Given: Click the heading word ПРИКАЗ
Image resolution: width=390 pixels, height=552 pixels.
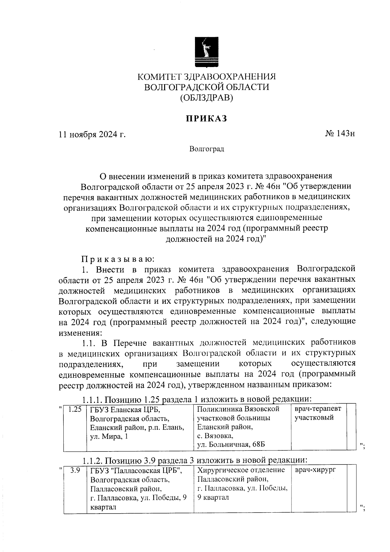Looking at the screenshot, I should pyautogui.click(x=206, y=119).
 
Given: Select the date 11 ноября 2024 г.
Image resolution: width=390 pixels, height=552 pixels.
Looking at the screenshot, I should pyautogui.click(x=92, y=134).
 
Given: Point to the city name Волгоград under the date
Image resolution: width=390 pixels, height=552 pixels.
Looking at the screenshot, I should pyautogui.click(x=207, y=149).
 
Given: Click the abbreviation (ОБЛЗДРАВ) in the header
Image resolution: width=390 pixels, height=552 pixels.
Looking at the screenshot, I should pyautogui.click(x=207, y=97).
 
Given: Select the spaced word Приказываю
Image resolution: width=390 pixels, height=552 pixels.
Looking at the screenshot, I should pyautogui.click(x=118, y=259).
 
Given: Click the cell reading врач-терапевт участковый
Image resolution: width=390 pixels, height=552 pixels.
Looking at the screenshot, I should pyautogui.click(x=318, y=413).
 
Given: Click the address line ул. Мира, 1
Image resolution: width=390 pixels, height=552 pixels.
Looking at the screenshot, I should pyautogui.click(x=109, y=436).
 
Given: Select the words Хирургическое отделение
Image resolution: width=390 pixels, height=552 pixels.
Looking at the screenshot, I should pyautogui.click(x=241, y=470).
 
